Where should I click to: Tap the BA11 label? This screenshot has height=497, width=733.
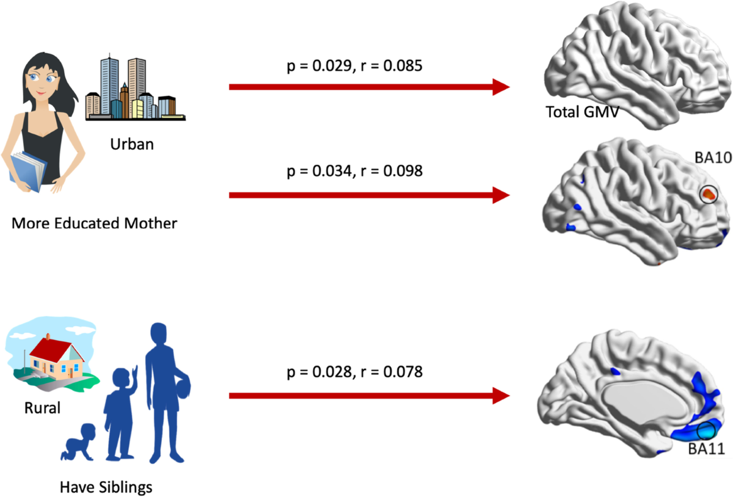706,450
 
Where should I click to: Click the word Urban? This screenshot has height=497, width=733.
133,145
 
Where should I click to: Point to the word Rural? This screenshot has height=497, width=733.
43,407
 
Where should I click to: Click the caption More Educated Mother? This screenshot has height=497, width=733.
95,223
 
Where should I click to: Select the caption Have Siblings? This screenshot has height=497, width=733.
106,487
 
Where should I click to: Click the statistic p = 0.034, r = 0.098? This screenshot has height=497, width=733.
354,171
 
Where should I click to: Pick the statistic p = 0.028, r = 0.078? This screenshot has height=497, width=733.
354,371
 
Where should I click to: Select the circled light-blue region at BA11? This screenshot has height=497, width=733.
707,431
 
